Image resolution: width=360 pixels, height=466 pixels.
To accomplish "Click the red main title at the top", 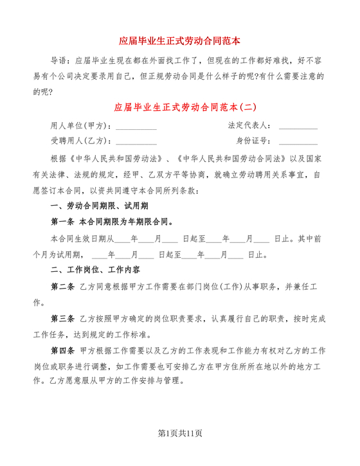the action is pyautogui.click(x=179, y=40).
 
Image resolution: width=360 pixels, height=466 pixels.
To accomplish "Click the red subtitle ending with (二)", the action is pyautogui.click(x=179, y=107).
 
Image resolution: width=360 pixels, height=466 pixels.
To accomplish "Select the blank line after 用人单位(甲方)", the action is pyautogui.click(x=136, y=127).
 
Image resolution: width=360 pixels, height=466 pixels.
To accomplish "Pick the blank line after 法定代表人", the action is pyautogui.click(x=298, y=127).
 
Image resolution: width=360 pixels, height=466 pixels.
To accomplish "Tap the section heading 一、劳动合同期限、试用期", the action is pyautogui.click(x=100, y=206).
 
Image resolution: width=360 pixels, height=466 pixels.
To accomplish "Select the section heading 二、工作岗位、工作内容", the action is pyautogui.click(x=100, y=269).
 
